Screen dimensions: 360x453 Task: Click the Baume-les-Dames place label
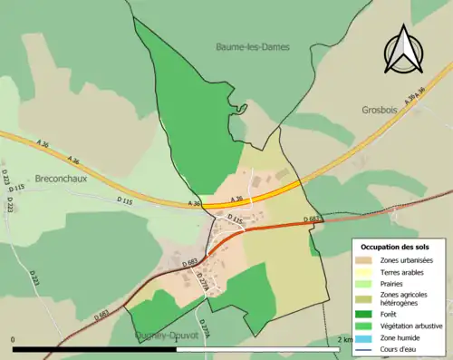point(253,46)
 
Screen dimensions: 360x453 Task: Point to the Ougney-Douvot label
point(166,334)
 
